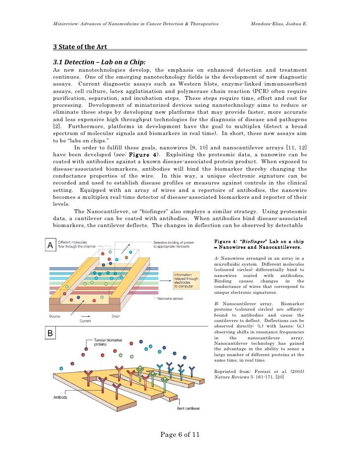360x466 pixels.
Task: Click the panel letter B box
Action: (x=50, y=334)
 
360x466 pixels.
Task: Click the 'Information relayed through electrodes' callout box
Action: (x=186, y=280)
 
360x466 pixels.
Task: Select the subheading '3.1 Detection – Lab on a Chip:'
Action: (x=99, y=62)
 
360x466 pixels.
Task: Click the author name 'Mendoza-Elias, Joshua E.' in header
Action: (x=279, y=23)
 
